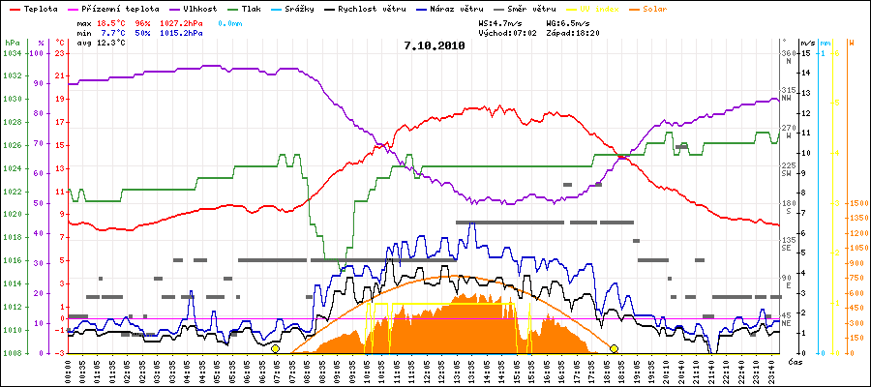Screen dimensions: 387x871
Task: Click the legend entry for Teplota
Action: point(39,8)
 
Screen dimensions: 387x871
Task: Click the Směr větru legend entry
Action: point(526,8)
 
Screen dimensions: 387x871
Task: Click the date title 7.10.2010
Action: point(434,45)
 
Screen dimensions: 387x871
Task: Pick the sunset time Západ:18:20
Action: point(573,32)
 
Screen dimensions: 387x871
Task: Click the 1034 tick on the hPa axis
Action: point(11,52)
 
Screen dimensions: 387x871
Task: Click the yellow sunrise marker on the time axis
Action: point(275,348)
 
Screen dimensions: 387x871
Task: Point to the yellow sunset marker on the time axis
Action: point(614,348)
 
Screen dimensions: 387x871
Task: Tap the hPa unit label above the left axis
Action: point(11,43)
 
